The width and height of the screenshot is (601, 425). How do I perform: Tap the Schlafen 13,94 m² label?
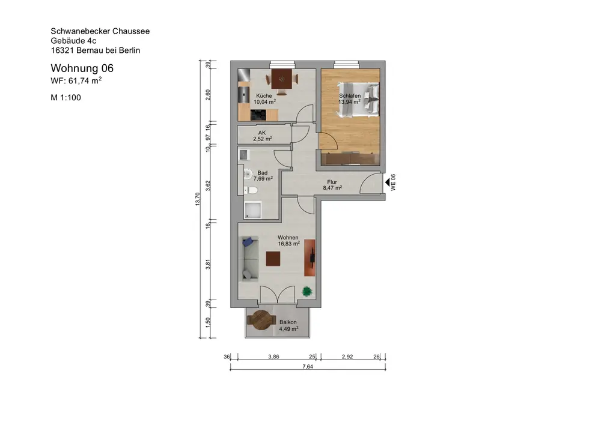coord(349,99)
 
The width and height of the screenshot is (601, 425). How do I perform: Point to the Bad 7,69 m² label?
coord(263,176)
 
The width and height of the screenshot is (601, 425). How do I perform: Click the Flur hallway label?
coord(332,182)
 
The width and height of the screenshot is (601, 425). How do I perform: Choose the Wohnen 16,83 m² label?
coord(288,241)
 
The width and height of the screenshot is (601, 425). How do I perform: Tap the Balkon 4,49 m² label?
coord(288,325)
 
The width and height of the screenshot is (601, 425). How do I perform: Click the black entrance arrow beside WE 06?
coord(387,182)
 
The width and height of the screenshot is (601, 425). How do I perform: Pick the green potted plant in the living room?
coord(307,291)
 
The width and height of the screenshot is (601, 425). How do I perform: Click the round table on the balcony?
coord(261,320)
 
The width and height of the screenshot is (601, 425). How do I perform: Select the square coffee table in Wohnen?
coord(273,259)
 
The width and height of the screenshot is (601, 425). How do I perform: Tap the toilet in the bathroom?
coord(251,190)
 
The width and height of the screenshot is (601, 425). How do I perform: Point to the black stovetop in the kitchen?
coord(258,115)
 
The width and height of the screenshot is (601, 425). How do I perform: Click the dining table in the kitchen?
coord(282,79)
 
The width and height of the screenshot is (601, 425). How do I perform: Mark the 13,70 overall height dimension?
coord(197,199)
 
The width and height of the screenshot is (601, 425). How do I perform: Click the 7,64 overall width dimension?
coord(308,366)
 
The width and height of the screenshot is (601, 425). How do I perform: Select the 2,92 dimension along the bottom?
coord(347,357)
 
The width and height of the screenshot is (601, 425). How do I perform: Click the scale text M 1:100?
coord(66,98)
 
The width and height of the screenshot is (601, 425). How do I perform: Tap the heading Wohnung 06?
coord(82,68)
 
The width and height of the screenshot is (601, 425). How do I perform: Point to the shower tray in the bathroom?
coord(252,210)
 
